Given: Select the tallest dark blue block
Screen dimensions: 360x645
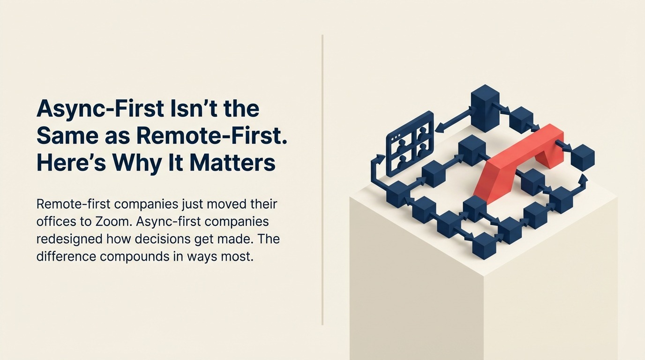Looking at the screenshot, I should pyautogui.click(x=485, y=107).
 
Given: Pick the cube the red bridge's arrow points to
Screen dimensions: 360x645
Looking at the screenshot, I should pyautogui.click(x=583, y=157).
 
